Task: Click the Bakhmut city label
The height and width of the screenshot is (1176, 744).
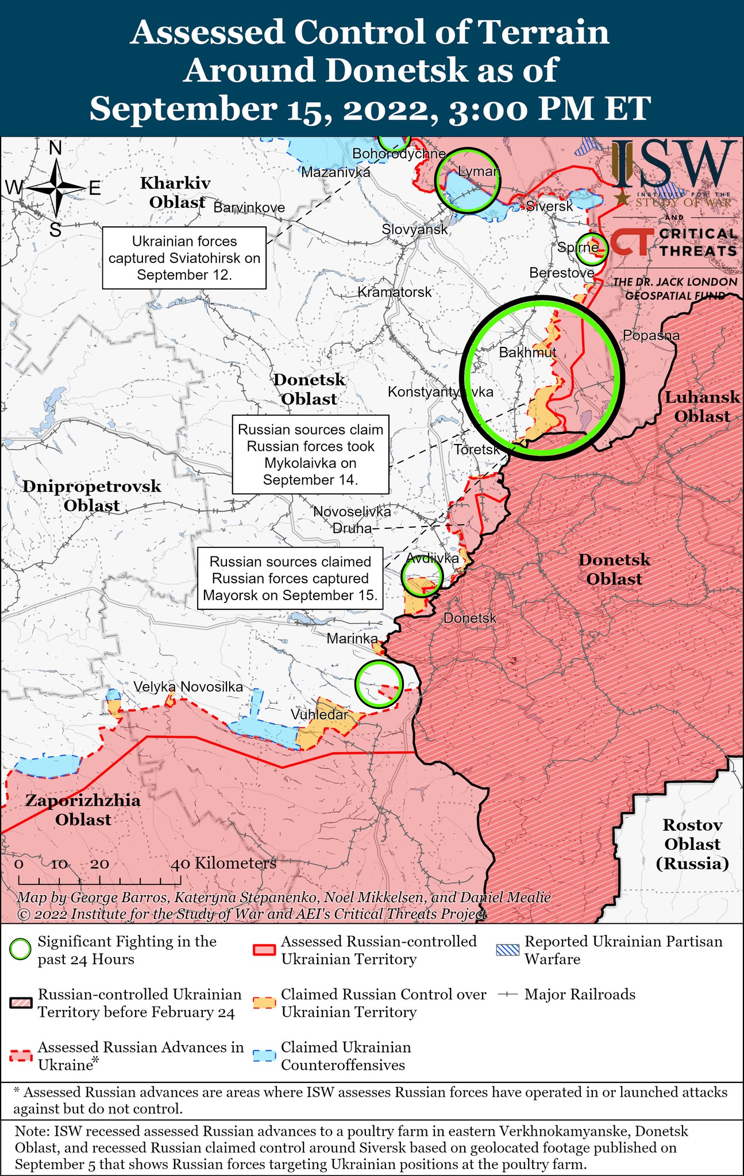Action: coord(527,352)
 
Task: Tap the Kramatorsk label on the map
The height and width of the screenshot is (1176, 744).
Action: coord(394,292)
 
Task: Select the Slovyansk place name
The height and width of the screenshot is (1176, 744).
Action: coord(415,230)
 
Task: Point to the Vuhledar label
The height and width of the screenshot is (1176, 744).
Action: coord(319,714)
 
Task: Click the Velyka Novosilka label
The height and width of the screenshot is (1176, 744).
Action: coord(188,687)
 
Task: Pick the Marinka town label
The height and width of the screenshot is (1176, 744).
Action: coord(352,639)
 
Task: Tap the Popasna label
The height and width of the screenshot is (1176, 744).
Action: coord(651,335)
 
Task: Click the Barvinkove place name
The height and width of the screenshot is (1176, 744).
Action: coord(249,207)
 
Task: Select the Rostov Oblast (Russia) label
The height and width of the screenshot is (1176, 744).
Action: coord(692,844)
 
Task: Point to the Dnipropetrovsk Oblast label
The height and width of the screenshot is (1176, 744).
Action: coord(92,496)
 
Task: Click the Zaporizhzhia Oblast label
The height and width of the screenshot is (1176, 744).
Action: coord(83,810)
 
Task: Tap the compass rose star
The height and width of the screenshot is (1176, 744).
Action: coord(56,187)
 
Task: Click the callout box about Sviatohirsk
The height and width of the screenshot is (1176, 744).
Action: coord(184,258)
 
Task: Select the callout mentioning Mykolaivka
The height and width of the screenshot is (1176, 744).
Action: coord(310,454)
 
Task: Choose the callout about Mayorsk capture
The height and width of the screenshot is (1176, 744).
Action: coord(290,578)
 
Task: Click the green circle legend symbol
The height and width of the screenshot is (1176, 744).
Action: coord(21,950)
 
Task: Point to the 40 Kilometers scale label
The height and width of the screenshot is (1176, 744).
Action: coord(224,863)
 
